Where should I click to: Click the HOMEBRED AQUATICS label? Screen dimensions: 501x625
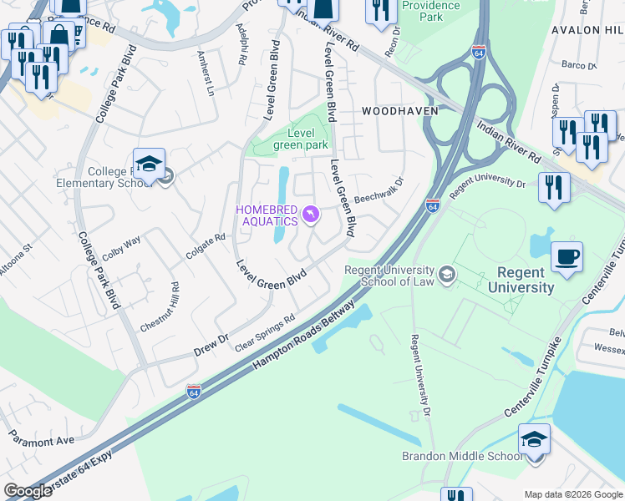point(267,215)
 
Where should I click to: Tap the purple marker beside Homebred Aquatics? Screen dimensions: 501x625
point(311,215)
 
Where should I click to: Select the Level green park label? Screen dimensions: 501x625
point(301,139)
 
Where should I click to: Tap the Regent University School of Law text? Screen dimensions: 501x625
point(390,276)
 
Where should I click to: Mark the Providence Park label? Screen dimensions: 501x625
point(431,11)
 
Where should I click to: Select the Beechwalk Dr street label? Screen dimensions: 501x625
point(379,191)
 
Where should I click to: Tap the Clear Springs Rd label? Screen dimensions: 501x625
point(267,333)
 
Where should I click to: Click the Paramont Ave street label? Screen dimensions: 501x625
point(41,439)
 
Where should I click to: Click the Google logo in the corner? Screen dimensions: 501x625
point(28,491)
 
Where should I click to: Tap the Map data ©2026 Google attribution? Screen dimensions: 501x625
point(573,494)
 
